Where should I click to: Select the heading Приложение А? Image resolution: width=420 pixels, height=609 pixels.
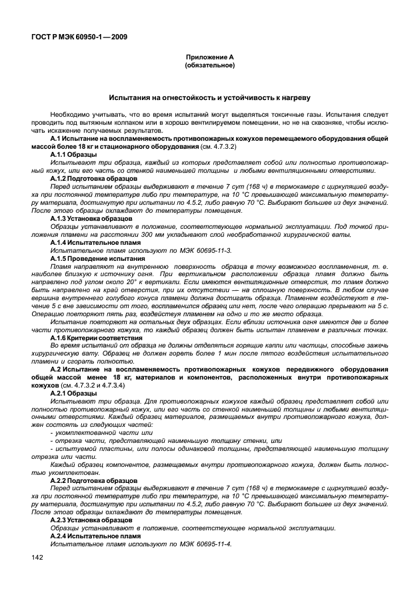point(209,58)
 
